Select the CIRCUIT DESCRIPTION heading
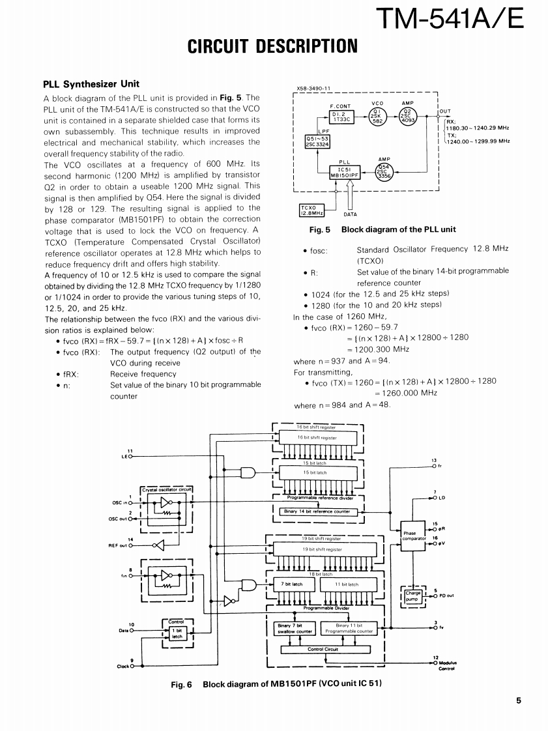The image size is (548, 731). (x=272, y=47)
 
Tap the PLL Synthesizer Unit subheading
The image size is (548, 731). (x=91, y=84)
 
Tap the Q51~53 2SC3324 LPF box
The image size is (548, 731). (x=317, y=141)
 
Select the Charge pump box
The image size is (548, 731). (x=413, y=595)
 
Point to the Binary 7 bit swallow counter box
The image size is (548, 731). (x=296, y=628)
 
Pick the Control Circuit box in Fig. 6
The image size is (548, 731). (x=325, y=649)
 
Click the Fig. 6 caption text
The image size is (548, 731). (x=276, y=683)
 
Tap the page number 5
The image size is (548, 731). (x=519, y=701)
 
